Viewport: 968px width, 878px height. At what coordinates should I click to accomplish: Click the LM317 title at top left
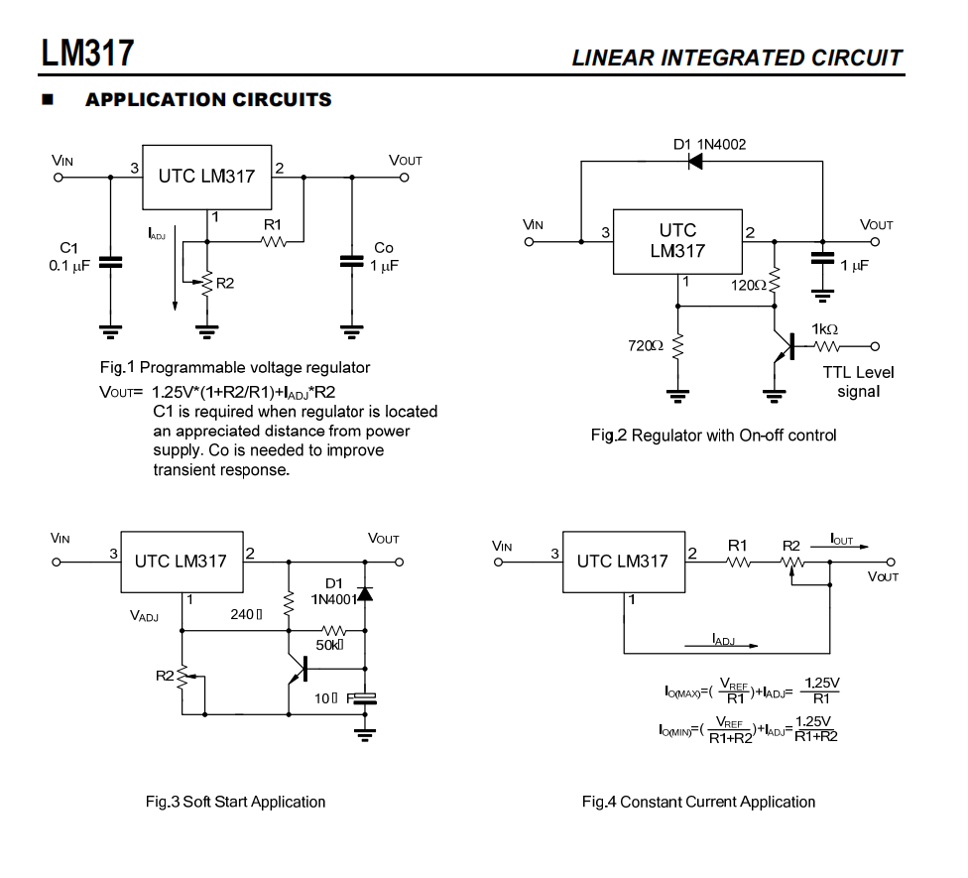coord(87,53)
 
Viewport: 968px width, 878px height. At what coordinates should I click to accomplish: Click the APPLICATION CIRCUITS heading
coord(208,100)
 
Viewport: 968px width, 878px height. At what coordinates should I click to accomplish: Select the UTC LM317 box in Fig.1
coord(206,177)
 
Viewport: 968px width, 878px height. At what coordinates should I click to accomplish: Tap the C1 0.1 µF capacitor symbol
coord(110,262)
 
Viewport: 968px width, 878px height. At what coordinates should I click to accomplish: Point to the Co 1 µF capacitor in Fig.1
coord(352,262)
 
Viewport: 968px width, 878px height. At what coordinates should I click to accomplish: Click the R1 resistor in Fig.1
coord(273,240)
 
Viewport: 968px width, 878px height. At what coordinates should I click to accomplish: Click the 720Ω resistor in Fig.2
coord(678,346)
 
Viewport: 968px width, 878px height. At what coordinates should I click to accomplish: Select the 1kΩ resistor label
coord(824,328)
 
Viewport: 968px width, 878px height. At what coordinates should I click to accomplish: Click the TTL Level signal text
coord(858,382)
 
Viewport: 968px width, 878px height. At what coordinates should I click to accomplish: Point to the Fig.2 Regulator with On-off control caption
coord(713,436)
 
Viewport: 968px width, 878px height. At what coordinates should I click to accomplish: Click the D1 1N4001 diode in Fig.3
coord(365,593)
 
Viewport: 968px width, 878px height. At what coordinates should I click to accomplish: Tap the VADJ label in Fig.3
coord(144,615)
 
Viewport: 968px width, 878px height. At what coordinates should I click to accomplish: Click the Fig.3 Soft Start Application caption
coord(235,802)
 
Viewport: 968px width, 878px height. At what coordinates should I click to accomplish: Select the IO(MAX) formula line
coord(751,690)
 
